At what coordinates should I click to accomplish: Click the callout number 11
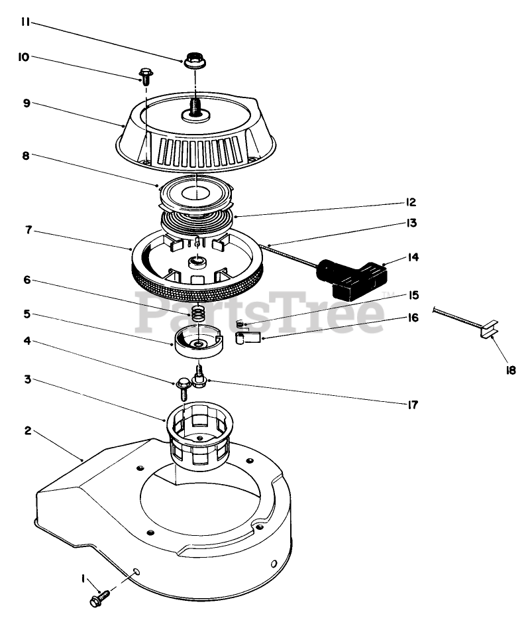click(24, 23)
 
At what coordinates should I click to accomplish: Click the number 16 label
click(413, 318)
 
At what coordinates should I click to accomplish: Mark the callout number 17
click(412, 403)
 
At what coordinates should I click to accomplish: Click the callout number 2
click(28, 431)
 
